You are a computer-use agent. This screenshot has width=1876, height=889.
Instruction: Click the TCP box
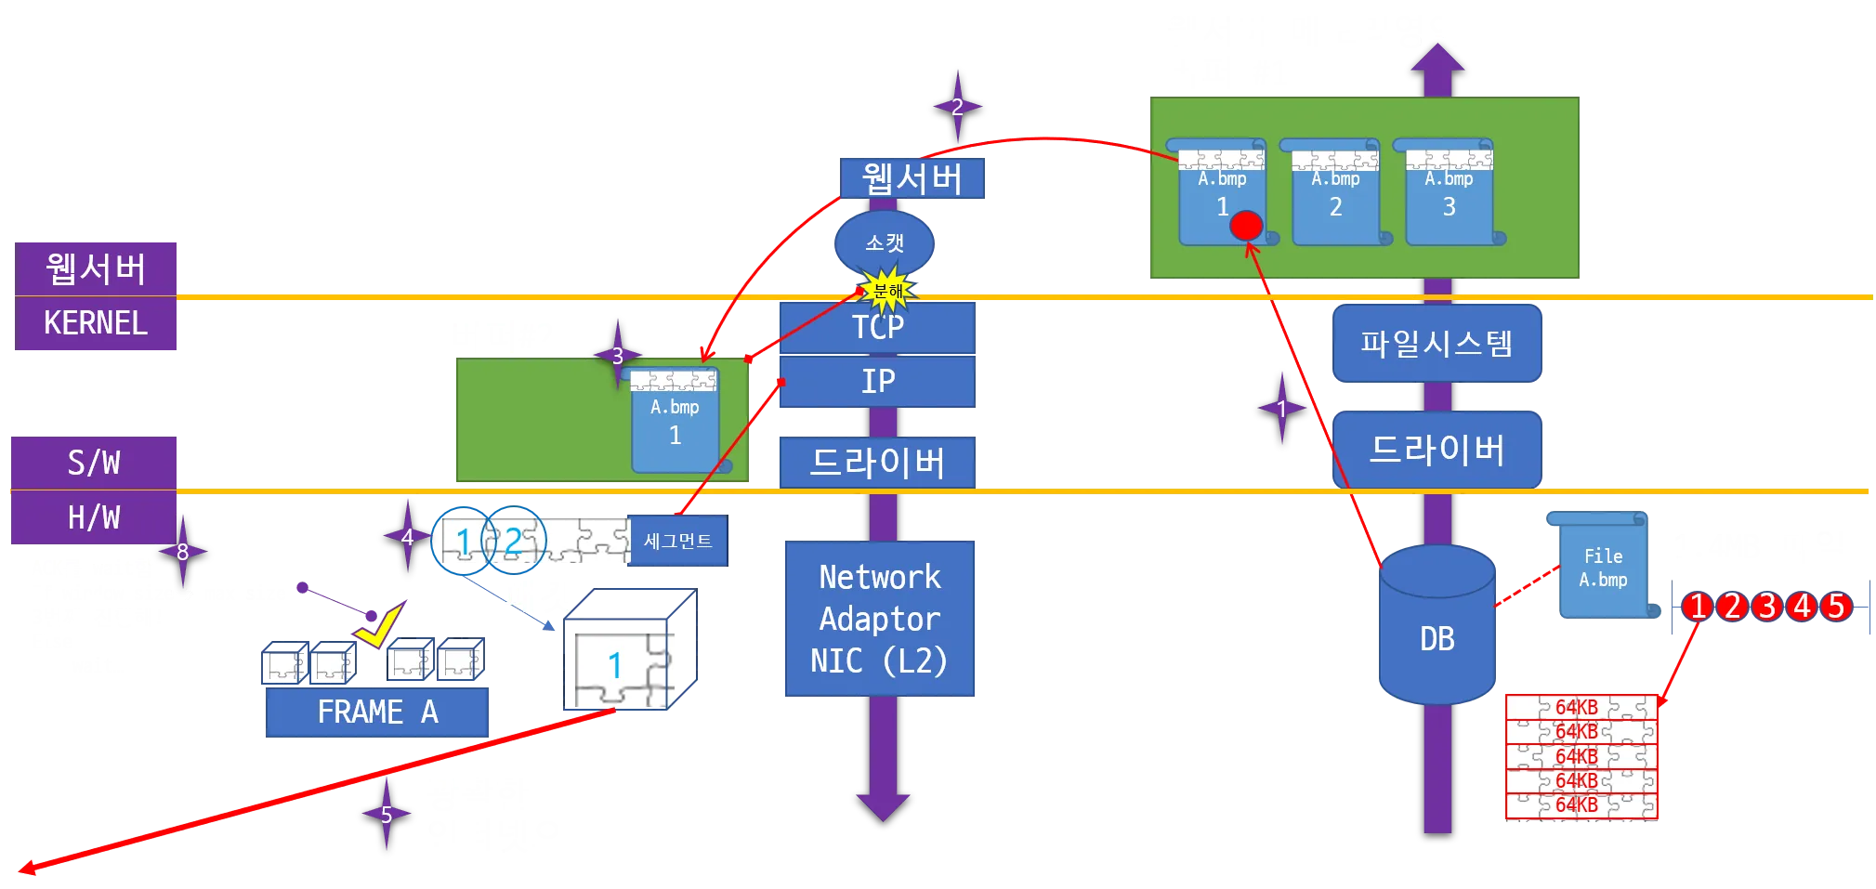pos(877,327)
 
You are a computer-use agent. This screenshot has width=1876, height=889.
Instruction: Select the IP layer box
pos(878,381)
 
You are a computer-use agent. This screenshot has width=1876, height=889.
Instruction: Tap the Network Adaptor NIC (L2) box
pos(879,619)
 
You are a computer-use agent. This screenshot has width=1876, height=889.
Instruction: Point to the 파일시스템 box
pos(1437,344)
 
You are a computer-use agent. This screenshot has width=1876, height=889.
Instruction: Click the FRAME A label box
pos(376,713)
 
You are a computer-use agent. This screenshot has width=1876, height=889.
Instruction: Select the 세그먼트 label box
pos(677,542)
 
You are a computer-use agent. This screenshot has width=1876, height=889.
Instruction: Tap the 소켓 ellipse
pos(885,242)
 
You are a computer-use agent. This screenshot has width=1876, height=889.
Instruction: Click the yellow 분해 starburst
pos(888,292)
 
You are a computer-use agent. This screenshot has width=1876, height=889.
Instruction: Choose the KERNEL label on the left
pos(96,324)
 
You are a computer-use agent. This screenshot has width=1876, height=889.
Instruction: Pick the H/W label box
pos(94,517)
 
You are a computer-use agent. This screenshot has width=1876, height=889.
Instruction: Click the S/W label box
pos(94,462)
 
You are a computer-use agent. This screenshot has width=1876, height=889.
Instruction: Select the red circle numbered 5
pos(1835,607)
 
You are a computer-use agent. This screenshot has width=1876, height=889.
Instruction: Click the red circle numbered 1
pos(1698,607)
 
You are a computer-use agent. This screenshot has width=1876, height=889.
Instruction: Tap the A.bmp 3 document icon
pos(1449,193)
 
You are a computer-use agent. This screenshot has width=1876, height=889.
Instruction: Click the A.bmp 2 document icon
pos(1335,193)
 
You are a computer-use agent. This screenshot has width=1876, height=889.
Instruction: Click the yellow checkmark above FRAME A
pos(380,627)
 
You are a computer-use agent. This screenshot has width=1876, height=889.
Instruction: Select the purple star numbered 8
pos(182,552)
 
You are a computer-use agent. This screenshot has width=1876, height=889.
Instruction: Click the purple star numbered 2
pos(957,107)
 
